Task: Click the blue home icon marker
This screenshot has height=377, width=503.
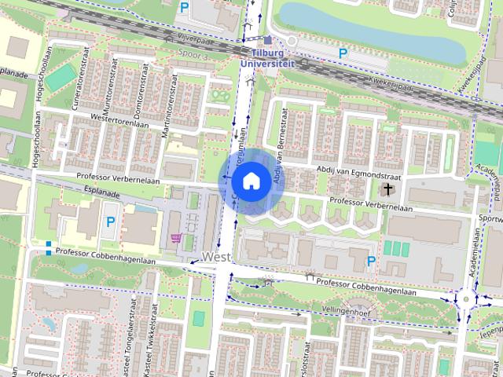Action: pyautogui.click(x=250, y=181)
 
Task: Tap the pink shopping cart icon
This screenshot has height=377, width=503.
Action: pyautogui.click(x=176, y=238)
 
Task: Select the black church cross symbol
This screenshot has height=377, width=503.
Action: pyautogui.click(x=387, y=189)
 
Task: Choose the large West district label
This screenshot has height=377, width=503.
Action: pyautogui.click(x=215, y=257)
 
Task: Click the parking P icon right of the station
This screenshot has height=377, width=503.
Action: pyautogui.click(x=343, y=53)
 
